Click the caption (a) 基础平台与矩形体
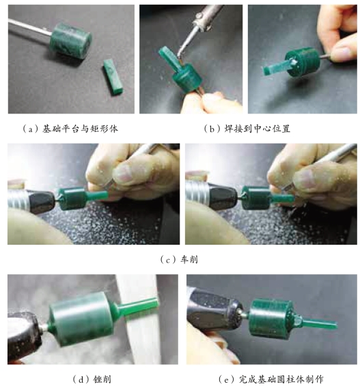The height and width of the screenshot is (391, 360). [70, 129]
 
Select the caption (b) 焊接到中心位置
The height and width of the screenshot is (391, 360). [247, 129]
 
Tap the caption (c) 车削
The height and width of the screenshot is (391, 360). [179, 260]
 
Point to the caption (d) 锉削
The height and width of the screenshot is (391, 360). [92, 379]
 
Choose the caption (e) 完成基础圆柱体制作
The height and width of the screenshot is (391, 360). [271, 379]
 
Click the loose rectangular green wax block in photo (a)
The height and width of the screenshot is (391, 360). [113, 77]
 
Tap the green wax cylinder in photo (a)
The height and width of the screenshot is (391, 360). [70, 40]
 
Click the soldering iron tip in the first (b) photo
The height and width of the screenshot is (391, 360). [182, 51]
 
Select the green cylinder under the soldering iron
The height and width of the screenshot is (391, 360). [188, 77]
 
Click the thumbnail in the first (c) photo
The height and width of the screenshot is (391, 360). [124, 172]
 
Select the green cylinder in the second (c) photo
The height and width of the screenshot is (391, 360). [256, 198]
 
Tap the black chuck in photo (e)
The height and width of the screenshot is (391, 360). [214, 310]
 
